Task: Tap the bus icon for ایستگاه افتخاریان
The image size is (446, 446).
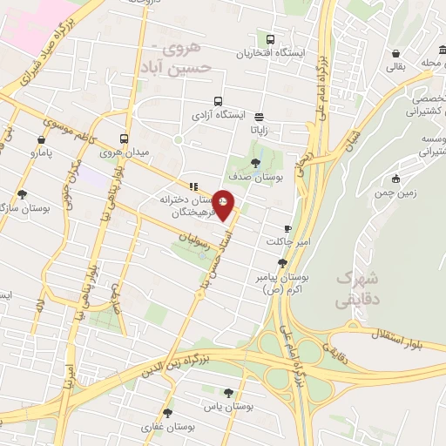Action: [270, 39]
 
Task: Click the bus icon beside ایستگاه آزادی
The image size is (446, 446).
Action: [217, 100]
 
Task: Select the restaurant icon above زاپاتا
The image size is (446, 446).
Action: [260, 115]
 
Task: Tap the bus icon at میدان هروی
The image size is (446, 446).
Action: [125, 139]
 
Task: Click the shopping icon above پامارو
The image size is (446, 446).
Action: [42, 139]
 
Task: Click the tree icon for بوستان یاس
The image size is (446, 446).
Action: [228, 393]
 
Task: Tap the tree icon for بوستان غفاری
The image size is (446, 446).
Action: [167, 413]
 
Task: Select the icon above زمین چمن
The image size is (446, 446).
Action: [395, 179]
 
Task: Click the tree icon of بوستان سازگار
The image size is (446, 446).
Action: [21, 195]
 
